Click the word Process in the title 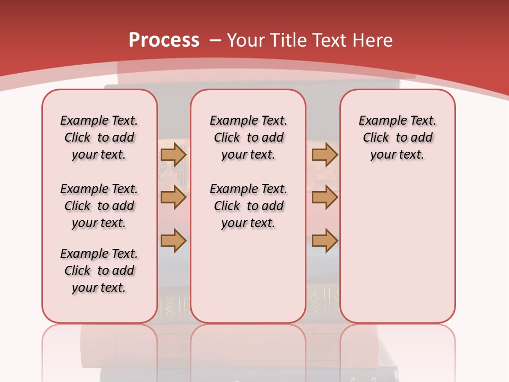click(164, 40)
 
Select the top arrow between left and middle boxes click(173, 154)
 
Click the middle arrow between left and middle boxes click(173, 197)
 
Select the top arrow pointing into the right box click(324, 154)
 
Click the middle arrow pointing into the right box click(324, 197)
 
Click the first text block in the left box click(99, 137)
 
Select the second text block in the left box click(99, 206)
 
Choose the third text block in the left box click(99, 271)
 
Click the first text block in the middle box click(248, 137)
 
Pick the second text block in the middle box click(248, 206)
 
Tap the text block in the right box click(398, 137)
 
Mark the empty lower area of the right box click(398, 249)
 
